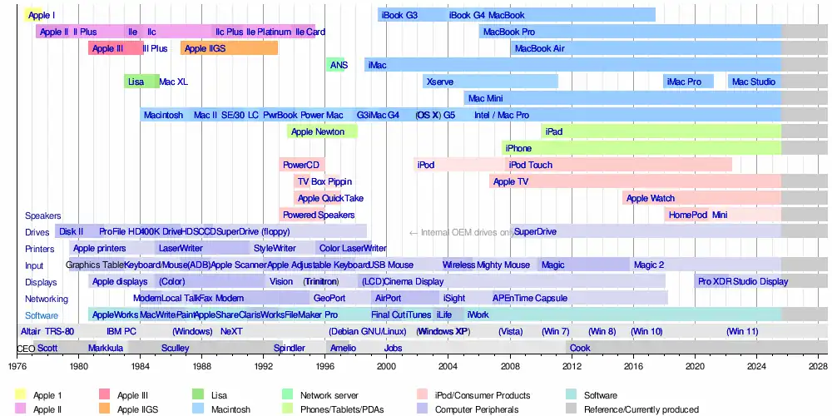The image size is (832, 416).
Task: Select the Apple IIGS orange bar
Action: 229,48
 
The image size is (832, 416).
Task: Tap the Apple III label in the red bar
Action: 108,48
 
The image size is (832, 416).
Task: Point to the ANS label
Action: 339,65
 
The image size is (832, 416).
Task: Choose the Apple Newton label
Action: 318,131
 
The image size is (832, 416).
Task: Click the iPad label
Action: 553,131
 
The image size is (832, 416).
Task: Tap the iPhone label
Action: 518,148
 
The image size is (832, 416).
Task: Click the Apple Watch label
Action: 650,198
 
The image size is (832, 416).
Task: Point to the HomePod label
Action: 687,215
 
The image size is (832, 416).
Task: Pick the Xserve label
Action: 439,82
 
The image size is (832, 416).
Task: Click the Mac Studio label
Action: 752,82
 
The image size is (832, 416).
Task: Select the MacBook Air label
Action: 539,48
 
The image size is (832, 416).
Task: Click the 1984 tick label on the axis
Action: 140,366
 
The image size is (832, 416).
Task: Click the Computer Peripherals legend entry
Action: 478,409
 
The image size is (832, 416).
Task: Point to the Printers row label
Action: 39,249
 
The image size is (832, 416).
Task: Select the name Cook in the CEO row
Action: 580,348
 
